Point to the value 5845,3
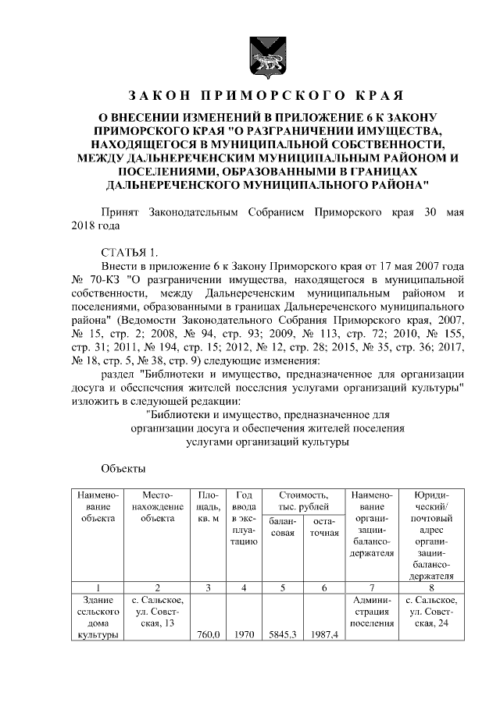point(281,635)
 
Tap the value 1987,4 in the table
point(323,635)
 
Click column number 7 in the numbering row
point(371,587)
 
